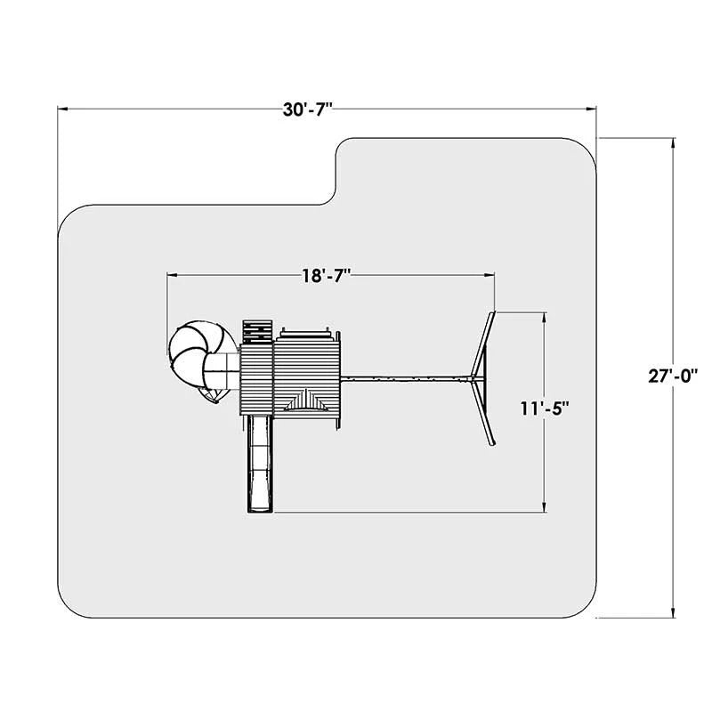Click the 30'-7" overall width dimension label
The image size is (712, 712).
307,109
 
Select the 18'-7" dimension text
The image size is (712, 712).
327,275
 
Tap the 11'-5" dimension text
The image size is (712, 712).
545,409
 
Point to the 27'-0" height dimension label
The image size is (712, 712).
672,376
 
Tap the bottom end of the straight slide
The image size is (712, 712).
260,513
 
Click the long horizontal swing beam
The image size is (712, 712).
407,377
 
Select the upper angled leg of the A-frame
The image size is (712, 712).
483,344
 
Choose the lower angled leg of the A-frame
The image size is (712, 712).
484,412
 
